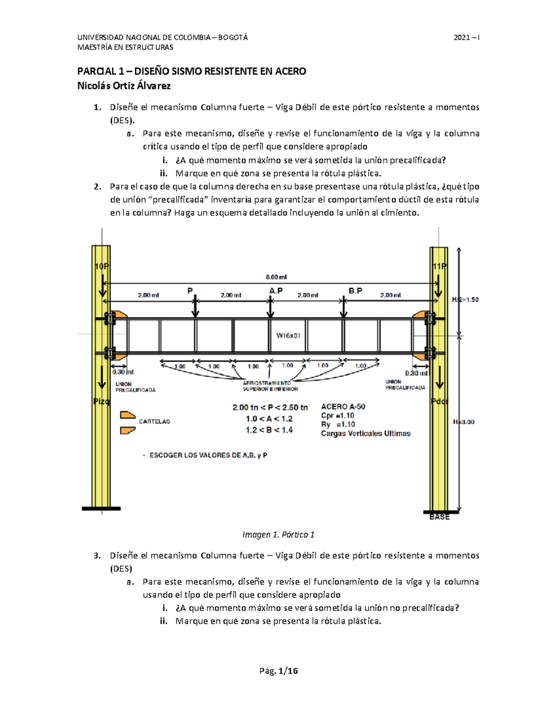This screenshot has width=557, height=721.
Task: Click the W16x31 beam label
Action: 288,336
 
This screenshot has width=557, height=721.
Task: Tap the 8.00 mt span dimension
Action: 276,277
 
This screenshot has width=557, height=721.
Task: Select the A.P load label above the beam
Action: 276,291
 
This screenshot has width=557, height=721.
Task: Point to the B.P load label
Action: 355,291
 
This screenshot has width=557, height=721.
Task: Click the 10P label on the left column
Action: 102,266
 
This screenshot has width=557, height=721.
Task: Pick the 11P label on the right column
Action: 439,266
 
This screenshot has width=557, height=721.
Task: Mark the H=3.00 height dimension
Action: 464,422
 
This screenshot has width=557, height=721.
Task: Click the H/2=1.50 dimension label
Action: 465,300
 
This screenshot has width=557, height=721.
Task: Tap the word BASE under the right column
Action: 439,517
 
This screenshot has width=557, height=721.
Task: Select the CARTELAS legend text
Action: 154,422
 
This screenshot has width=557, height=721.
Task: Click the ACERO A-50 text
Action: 343,407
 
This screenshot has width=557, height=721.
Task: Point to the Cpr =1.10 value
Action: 337,416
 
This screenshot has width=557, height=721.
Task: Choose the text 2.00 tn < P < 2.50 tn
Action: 270,408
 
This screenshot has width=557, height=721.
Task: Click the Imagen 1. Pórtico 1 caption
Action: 278,535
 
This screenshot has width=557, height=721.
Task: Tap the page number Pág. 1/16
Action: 278,671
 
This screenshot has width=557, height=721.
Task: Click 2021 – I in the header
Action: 466,38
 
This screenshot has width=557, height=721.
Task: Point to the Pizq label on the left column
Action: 102,401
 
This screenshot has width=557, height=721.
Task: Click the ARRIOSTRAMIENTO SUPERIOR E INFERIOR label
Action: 270,386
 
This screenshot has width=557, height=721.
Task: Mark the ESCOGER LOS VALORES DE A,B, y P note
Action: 208,455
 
